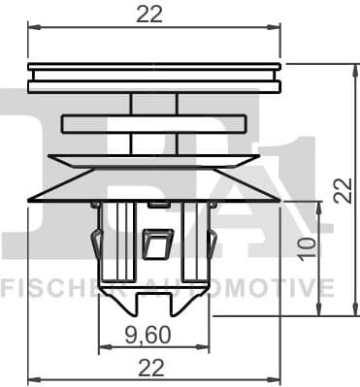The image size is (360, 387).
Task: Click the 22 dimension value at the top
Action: (149, 14)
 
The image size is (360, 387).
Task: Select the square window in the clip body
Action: (154, 243)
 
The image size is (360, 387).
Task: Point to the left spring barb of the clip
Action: (96, 242)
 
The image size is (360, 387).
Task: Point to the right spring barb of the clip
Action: (212, 242)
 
